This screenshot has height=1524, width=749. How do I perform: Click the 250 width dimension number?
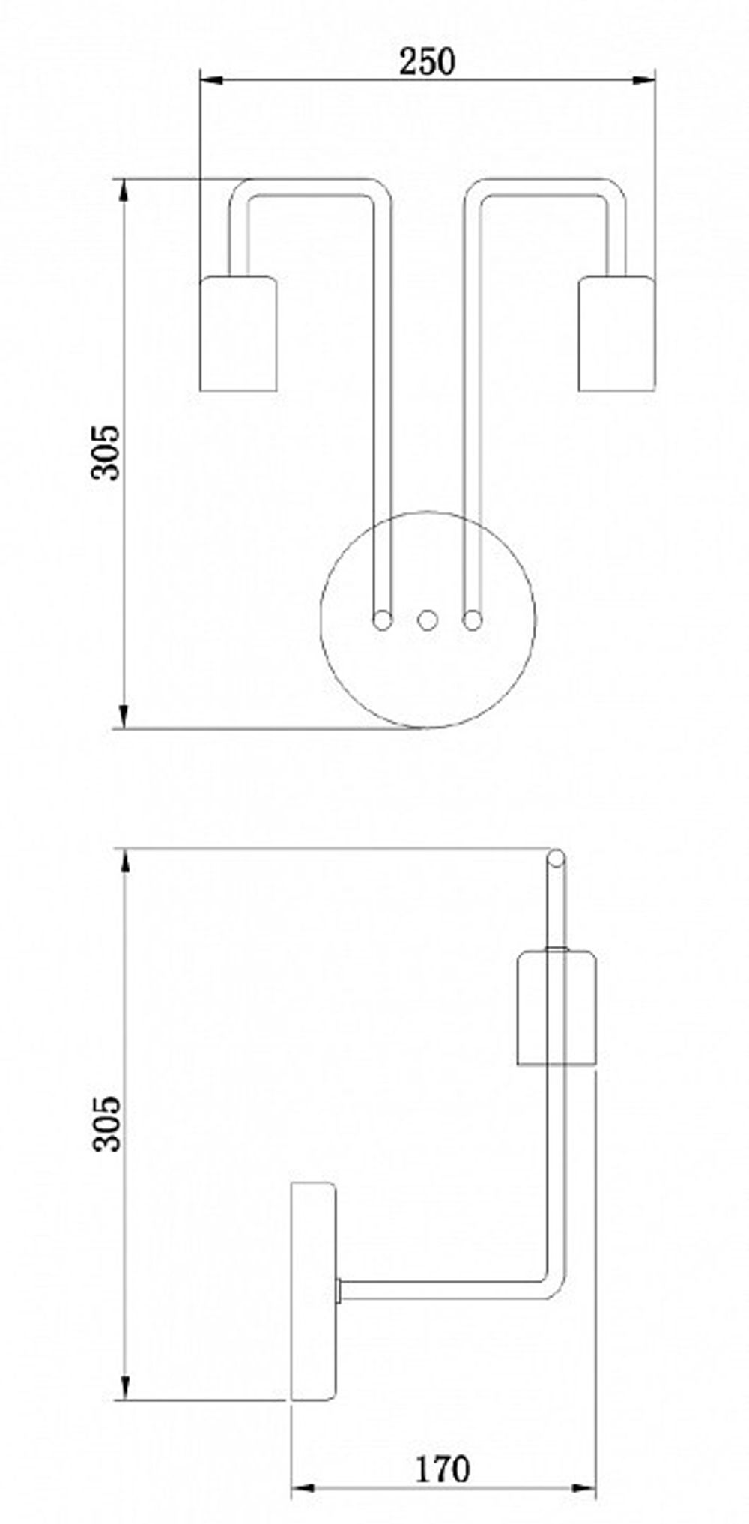[x=426, y=62]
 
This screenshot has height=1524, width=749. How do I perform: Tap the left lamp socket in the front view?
[x=238, y=333]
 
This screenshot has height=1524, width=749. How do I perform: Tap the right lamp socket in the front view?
[x=616, y=333]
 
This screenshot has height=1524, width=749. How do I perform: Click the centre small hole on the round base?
[x=427, y=620]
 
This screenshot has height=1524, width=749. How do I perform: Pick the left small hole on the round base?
[x=383, y=620]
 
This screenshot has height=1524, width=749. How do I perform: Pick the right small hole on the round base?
[x=472, y=620]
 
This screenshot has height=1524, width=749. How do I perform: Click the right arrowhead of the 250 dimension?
[x=645, y=79]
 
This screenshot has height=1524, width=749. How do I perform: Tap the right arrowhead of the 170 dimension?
[x=586, y=1489]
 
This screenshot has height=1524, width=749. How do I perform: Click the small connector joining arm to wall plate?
[x=340, y=1290]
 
